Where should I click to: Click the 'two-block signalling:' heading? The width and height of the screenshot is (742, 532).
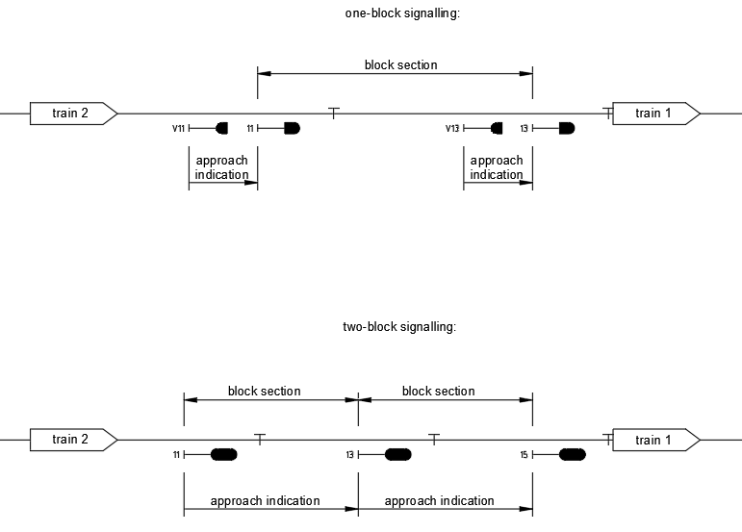(398, 327)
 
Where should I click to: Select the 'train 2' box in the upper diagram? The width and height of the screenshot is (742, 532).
(71, 114)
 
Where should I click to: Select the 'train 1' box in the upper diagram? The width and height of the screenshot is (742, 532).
(654, 114)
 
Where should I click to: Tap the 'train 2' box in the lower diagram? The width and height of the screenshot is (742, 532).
(71, 440)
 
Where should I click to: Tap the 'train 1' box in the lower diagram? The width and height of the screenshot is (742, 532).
(654, 440)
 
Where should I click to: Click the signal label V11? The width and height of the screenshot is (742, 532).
(179, 128)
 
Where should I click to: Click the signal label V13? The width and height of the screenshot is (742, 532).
(452, 128)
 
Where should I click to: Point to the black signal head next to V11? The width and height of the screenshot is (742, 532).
(222, 128)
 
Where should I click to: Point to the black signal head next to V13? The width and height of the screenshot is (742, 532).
(497, 128)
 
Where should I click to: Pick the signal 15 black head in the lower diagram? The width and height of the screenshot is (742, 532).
(572, 454)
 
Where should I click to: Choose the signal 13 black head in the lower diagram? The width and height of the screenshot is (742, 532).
(398, 454)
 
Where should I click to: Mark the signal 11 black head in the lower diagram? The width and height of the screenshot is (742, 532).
(223, 454)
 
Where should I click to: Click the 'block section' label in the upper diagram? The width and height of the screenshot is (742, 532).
(400, 65)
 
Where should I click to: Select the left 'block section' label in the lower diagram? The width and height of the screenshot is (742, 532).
(264, 392)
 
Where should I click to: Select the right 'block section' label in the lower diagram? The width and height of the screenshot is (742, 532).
(438, 392)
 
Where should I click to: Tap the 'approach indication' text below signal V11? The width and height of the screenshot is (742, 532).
(221, 167)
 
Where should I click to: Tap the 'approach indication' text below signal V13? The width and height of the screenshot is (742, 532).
(497, 167)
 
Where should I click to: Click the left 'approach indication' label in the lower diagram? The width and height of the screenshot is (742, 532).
(265, 501)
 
